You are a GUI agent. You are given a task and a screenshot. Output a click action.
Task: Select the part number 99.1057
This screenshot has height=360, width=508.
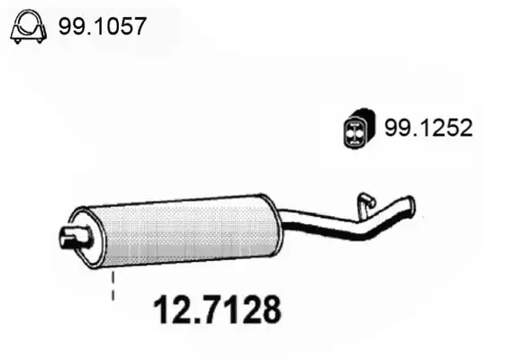pos(103,26)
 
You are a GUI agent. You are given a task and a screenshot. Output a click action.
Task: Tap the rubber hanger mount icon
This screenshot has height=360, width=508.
pos(358,129)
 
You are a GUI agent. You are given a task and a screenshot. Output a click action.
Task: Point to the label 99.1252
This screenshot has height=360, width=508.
pos(429,128)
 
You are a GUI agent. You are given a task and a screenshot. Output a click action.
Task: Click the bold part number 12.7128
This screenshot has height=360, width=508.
pos(217,310)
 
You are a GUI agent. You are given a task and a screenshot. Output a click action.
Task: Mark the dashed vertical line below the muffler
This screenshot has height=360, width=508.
pos(113,286)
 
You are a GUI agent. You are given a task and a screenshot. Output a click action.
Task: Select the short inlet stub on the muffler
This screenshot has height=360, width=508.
pos(76,238)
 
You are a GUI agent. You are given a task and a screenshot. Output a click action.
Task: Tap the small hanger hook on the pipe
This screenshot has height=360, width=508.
pos(366,205)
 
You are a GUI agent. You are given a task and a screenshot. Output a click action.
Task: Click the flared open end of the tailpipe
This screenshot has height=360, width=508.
pos(412,205)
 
